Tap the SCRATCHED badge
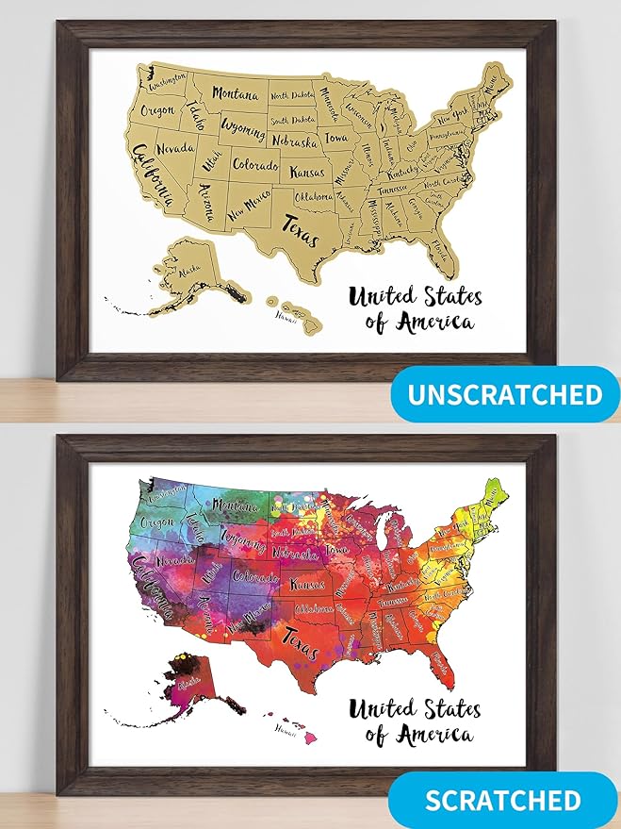pos(502,800)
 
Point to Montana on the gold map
pos(236,94)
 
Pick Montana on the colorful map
pos(235,506)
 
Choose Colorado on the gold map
pos(254,165)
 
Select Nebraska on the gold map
pos(294,141)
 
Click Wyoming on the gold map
pos(242,126)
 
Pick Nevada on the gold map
pos(176,149)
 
